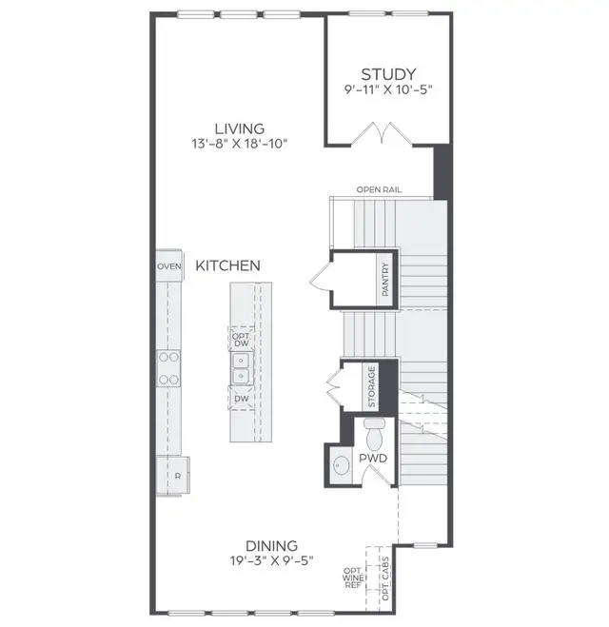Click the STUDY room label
tap(386, 74)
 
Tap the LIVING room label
tap(239, 128)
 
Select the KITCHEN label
tap(227, 266)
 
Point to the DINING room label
tap(271, 545)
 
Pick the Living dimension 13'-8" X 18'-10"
tap(239, 144)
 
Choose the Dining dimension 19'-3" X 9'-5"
tap(271, 560)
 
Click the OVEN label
tap(169, 267)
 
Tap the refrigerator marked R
tap(174, 473)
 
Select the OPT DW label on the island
tap(241, 338)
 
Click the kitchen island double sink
tap(241, 368)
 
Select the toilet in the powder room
tap(374, 434)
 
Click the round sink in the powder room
tap(342, 468)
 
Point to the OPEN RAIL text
tap(379, 190)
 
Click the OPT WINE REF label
tap(352, 578)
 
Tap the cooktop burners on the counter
tap(169, 368)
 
